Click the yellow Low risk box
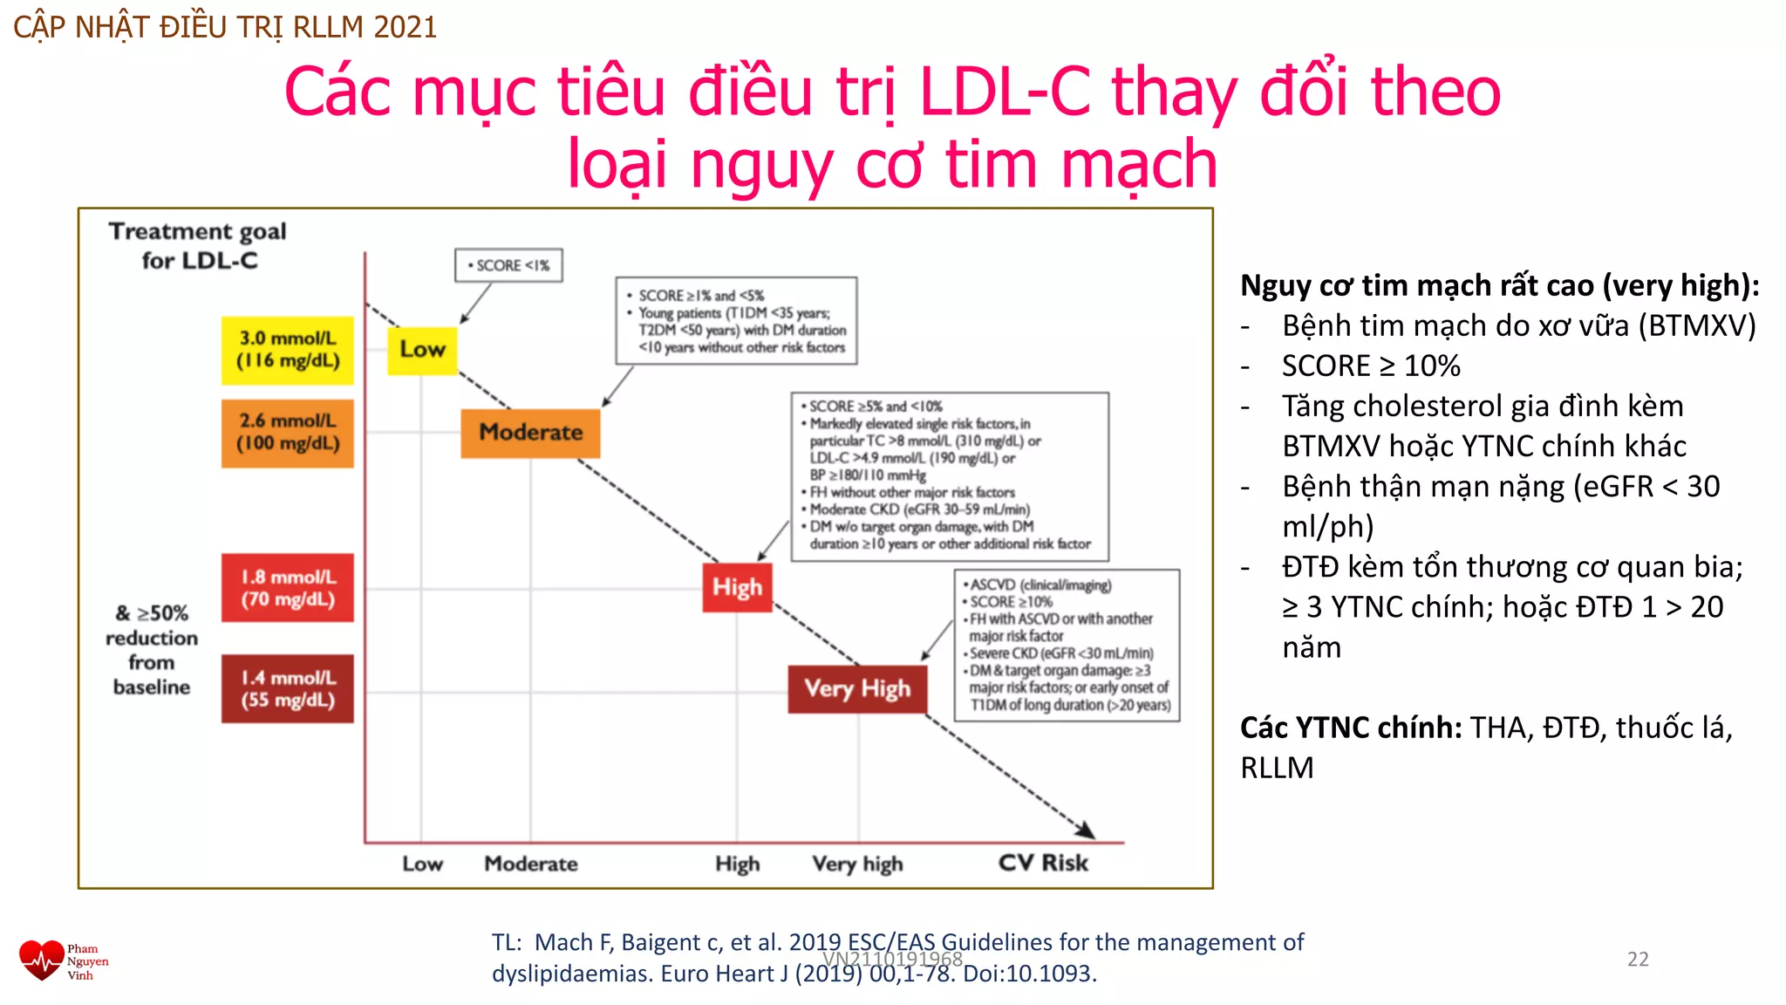pos(422,350)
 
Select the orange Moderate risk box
pos(530,433)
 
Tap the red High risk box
pos(737,587)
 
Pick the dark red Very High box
pos(857,689)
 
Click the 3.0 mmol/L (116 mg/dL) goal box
pos(288,350)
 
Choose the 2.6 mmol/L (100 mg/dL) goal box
pos(288,433)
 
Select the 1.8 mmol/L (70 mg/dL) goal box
pos(288,588)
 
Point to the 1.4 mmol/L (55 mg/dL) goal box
pos(288,689)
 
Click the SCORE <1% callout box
pos(508,265)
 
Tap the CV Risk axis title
pos(1043,863)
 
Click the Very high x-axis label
pos(857,864)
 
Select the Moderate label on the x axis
pos(530,864)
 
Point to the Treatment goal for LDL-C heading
pos(198,246)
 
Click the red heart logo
pos(41,961)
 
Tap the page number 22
pos(1638,960)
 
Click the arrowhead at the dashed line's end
pos(1086,830)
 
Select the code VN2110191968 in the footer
pos(892,959)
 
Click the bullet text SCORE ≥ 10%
pos(1371,366)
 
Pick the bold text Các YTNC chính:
pos(1351,728)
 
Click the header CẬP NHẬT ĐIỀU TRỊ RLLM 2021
pos(225,27)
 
